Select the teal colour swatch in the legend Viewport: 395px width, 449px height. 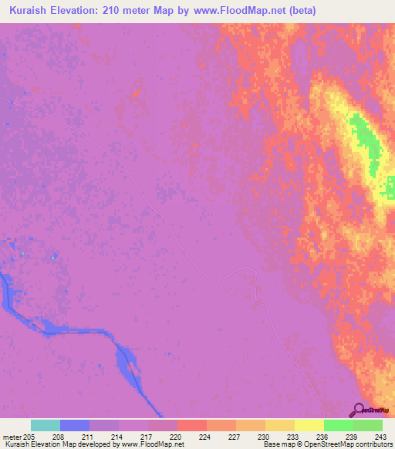point(46,425)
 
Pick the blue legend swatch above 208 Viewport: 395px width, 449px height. point(75,425)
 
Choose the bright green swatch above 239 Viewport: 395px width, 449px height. point(339,425)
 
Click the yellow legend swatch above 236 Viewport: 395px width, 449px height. point(309,425)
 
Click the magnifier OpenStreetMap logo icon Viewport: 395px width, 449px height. point(360,409)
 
